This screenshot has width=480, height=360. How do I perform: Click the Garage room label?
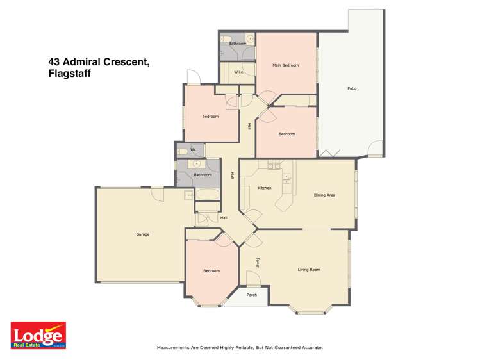pyautogui.click(x=142, y=234)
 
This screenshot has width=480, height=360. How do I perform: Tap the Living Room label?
pyautogui.click(x=309, y=270)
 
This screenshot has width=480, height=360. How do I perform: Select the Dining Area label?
pyautogui.click(x=324, y=195)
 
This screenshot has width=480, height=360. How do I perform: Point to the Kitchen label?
pyautogui.click(x=265, y=188)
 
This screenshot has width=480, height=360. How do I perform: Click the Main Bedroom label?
pyautogui.click(x=285, y=65)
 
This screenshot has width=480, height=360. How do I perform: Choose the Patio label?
pyautogui.click(x=352, y=88)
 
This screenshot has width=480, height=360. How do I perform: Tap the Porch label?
pyautogui.click(x=252, y=295)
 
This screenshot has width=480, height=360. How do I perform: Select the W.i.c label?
pyautogui.click(x=237, y=72)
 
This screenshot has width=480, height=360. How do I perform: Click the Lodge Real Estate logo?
pyautogui.click(x=38, y=335)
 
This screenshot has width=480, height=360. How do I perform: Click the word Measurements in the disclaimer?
pyautogui.click(x=177, y=347)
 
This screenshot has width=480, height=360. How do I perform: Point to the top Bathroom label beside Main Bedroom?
pyautogui.click(x=237, y=44)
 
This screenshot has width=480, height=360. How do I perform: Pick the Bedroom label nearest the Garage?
pyautogui.click(x=211, y=271)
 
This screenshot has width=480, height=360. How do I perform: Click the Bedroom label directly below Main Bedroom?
pyautogui.click(x=286, y=134)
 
